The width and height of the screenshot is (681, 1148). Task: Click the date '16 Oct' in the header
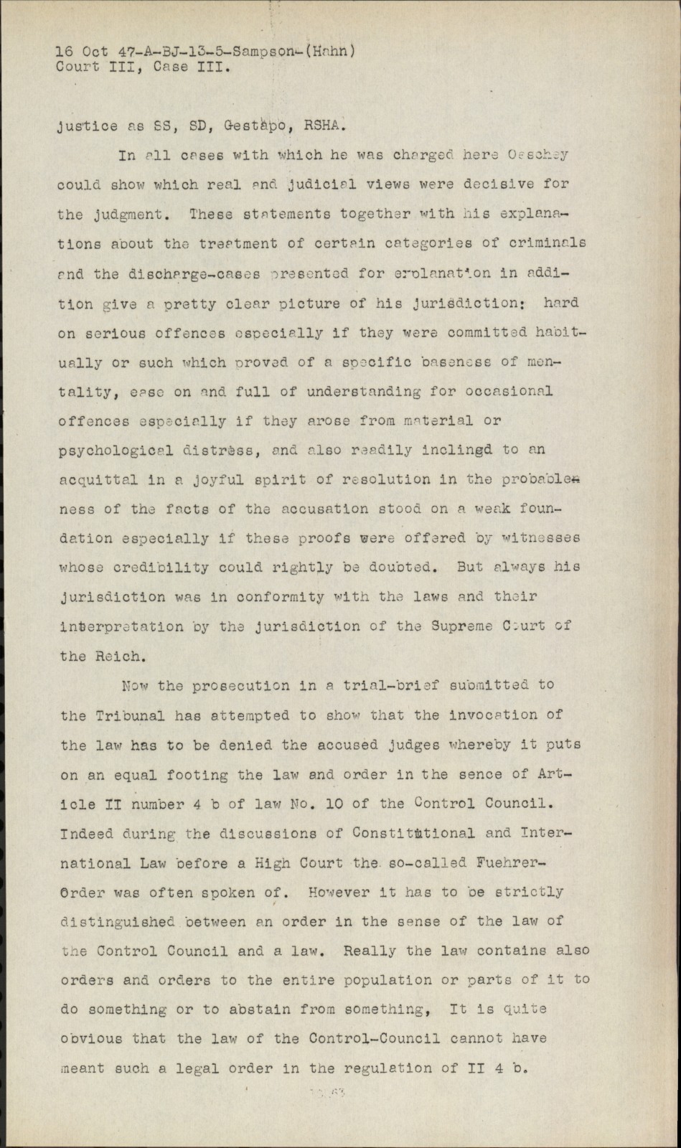pos(83,52)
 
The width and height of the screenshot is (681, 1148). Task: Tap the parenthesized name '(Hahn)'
pos(330,52)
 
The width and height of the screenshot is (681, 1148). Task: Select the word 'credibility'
pos(164,568)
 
